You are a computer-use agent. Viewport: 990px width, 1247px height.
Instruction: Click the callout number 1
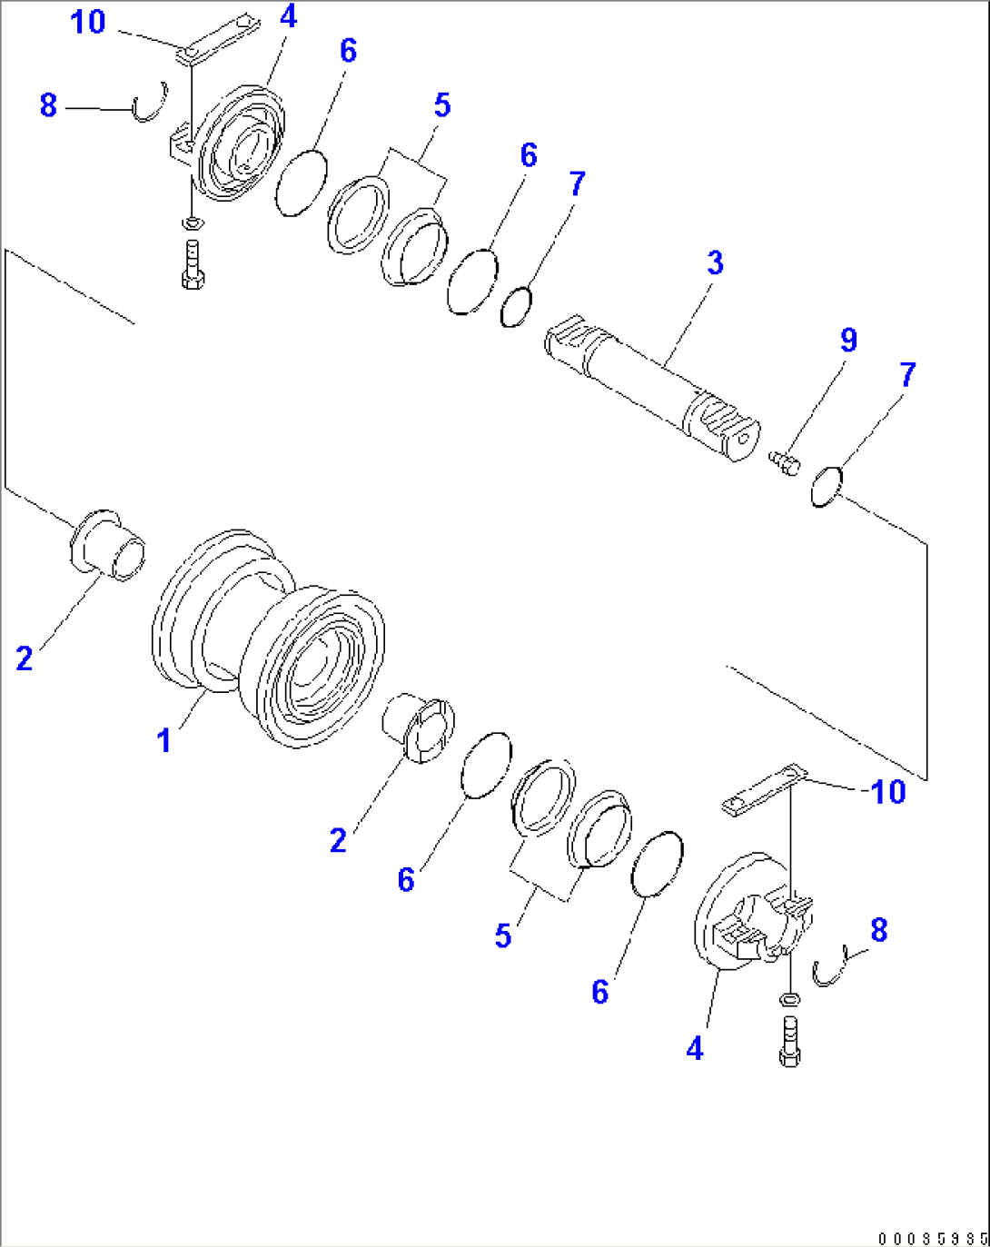tap(163, 741)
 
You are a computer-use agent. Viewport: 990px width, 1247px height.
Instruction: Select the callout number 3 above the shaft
tap(715, 263)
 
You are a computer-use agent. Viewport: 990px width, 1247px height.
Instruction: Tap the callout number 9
tap(847, 341)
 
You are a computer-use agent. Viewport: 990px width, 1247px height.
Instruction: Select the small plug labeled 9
tap(783, 462)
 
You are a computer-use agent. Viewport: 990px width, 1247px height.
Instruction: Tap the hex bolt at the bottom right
tap(789, 1042)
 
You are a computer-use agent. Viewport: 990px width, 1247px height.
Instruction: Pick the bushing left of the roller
tap(107, 545)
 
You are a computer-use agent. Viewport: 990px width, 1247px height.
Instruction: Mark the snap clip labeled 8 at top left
tap(151, 102)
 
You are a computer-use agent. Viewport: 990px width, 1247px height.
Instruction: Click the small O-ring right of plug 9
tap(827, 487)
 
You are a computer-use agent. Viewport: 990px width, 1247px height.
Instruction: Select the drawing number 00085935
tap(932, 1238)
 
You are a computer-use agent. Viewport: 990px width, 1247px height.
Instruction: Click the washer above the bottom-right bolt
tap(790, 1000)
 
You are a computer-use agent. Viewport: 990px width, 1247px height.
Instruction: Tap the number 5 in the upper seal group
tap(441, 105)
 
